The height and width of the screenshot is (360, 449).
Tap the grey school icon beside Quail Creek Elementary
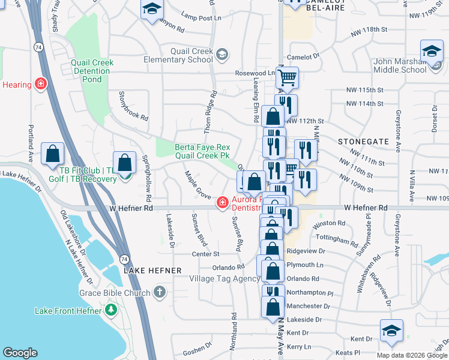(x=222, y=55)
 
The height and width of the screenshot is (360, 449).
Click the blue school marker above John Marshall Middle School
(x=432, y=51)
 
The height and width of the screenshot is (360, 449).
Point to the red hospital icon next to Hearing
(x=41, y=84)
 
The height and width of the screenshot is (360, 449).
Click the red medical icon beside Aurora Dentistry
(x=223, y=203)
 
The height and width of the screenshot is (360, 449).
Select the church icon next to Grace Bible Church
(x=159, y=292)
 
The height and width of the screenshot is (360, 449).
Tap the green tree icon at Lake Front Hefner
(x=110, y=310)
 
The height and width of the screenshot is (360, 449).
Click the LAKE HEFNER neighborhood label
(x=152, y=271)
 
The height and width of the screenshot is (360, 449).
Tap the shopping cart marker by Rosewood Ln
(x=288, y=77)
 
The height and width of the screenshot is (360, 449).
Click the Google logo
(x=20, y=353)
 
